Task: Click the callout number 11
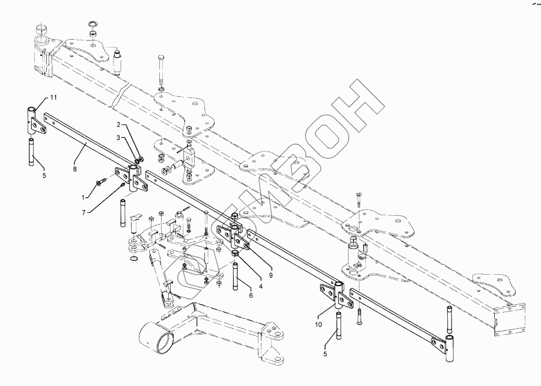[x=53, y=97]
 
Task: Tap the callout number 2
[x=118, y=138]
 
